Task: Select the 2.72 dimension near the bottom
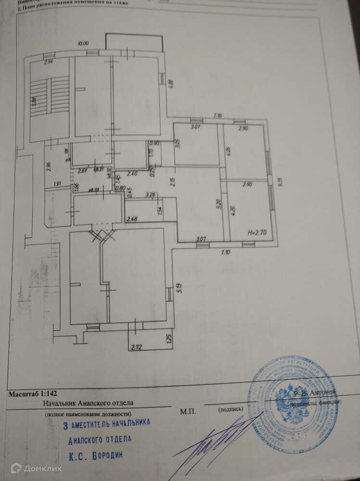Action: (137, 346)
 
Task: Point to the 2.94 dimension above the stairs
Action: (49, 62)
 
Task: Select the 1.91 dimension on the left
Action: (57, 184)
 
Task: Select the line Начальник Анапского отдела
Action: (88, 403)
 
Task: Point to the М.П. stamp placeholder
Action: (188, 411)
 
